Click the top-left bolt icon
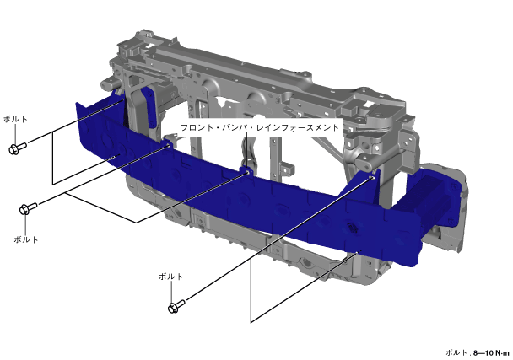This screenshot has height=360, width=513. [18, 148]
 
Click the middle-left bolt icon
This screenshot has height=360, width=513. [29, 208]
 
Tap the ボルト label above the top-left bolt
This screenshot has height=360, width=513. [15, 120]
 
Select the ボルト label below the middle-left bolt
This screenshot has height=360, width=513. [26, 239]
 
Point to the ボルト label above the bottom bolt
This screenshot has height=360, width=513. [170, 277]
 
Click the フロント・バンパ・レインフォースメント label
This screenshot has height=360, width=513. [259, 127]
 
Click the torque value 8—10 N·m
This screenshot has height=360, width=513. [491, 353]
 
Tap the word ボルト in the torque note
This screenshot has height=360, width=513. [456, 352]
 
